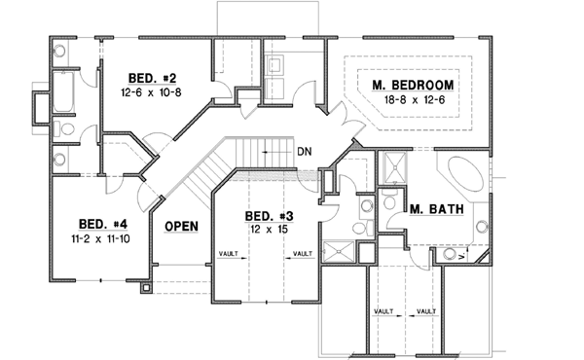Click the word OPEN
pyautogui.click(x=181, y=227)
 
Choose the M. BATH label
pyautogui.click(x=434, y=209)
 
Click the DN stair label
pyautogui.click(x=304, y=152)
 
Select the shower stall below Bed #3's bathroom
pyautogui.click(x=338, y=249)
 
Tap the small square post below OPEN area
pyautogui.click(x=146, y=287)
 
